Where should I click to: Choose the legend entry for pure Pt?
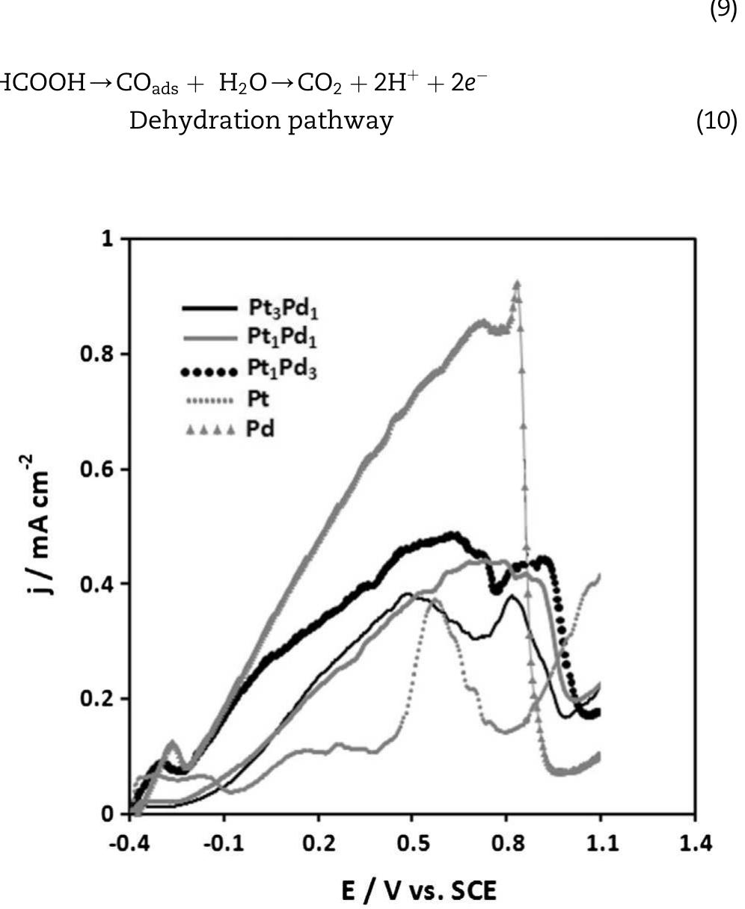click(257, 400)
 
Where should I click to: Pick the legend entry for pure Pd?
click(260, 430)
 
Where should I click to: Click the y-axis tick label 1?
click(108, 239)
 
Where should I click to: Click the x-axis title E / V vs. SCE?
click(418, 891)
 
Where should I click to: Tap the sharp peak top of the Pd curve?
click(516, 283)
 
